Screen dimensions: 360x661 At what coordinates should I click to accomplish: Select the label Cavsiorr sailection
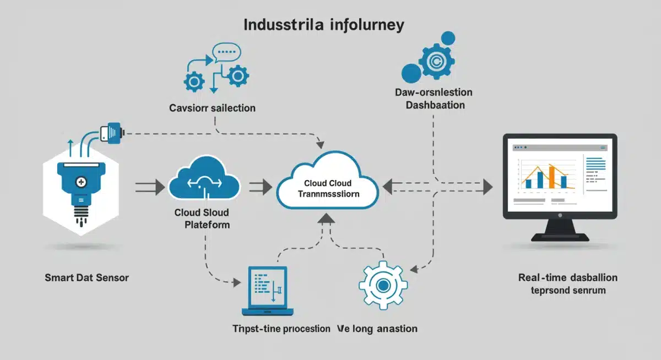click(212, 108)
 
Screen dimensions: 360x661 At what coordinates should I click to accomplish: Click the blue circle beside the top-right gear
click(411, 73)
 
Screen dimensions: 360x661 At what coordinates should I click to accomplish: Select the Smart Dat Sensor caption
click(86, 277)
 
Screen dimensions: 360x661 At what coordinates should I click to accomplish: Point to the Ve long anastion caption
click(377, 329)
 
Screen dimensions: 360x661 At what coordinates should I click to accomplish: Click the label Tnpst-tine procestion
click(281, 329)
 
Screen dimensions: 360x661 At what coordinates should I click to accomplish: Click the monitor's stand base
click(559, 237)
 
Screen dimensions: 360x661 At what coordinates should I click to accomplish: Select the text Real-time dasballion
click(568, 277)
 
